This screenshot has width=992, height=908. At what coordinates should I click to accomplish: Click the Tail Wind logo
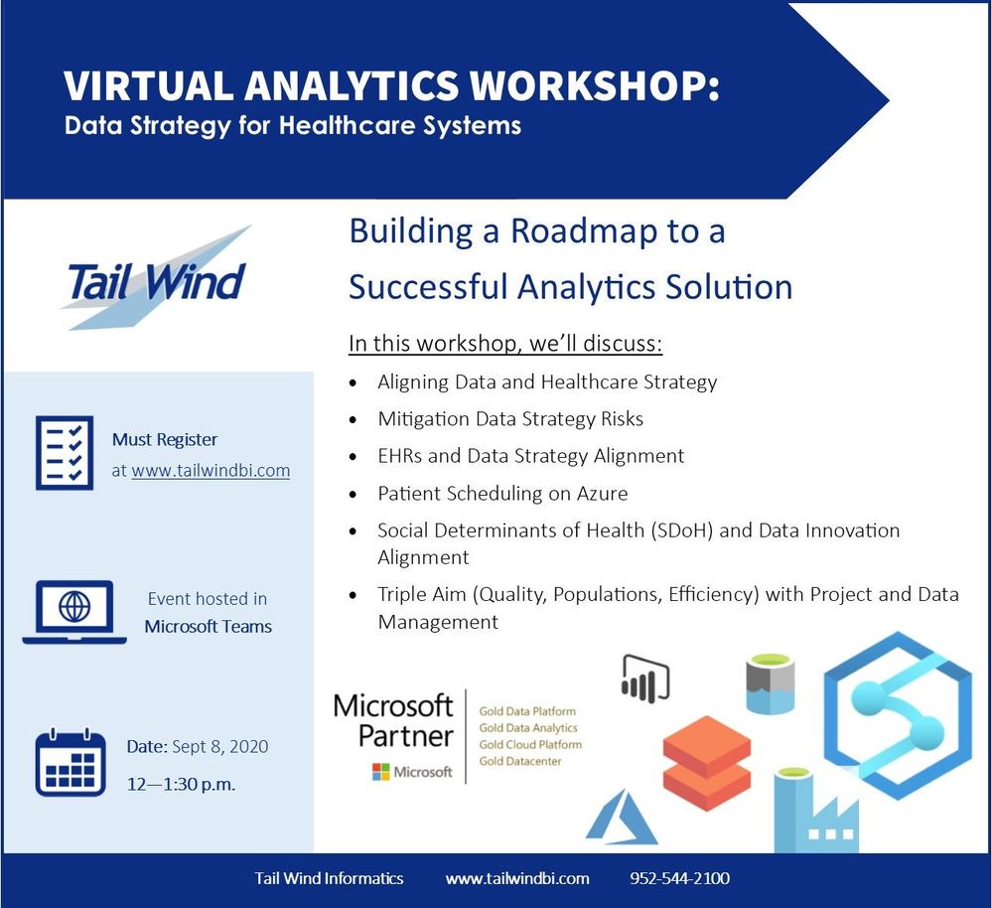[156, 278]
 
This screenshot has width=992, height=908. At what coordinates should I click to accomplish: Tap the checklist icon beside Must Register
[65, 452]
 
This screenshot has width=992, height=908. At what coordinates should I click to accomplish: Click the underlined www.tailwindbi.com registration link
[211, 471]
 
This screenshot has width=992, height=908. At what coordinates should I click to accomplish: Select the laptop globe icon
[74, 612]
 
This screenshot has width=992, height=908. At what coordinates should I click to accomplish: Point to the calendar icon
[71, 762]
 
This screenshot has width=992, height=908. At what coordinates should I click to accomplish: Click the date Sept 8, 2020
[219, 747]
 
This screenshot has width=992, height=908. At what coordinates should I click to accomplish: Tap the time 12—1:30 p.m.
[181, 785]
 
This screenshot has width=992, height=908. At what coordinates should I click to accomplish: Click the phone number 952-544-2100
[679, 878]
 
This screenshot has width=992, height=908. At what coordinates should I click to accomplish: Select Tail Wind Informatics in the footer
[329, 878]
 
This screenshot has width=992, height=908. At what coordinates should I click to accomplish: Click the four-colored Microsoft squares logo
[381, 772]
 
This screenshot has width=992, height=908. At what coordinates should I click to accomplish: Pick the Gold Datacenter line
[520, 761]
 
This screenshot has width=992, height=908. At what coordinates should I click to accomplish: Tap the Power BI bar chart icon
[645, 679]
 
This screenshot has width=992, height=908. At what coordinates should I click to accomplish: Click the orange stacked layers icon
[707, 763]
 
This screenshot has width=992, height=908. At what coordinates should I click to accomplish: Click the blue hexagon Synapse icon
[898, 715]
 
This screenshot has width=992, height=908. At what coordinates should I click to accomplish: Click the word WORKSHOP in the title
[597, 85]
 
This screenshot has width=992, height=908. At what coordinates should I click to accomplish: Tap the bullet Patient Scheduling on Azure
[502, 493]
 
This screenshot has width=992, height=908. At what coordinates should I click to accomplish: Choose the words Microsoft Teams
[209, 627]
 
